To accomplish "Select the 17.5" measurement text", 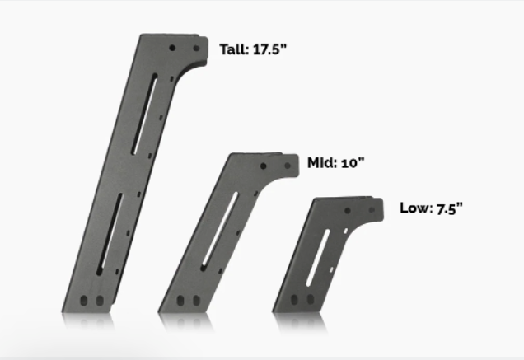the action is [x=270, y=49].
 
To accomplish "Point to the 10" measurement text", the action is [x=353, y=163].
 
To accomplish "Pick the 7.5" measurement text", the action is [x=450, y=208].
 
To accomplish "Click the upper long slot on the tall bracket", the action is [x=145, y=115].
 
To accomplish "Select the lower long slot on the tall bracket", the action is [x=110, y=234].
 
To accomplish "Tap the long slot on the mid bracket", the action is [x=220, y=231].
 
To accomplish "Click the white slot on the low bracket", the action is [x=318, y=258].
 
